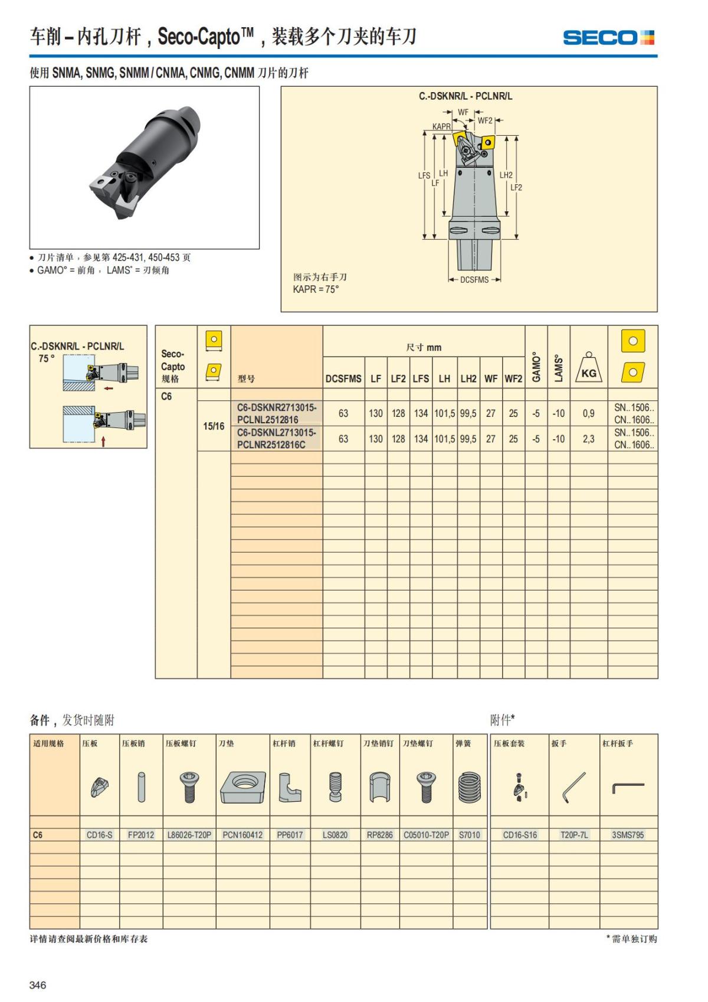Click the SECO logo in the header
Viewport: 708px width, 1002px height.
point(608,38)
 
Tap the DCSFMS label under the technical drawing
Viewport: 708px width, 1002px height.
point(474,279)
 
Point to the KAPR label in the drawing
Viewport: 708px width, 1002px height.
point(441,126)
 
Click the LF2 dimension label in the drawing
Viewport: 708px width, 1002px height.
point(516,187)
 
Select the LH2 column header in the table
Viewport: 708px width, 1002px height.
point(468,378)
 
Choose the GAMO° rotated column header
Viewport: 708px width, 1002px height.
point(536,367)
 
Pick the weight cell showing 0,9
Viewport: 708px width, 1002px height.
point(588,413)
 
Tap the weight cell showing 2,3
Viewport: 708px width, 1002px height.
point(588,439)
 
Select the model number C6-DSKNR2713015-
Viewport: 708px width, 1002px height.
point(276,407)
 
